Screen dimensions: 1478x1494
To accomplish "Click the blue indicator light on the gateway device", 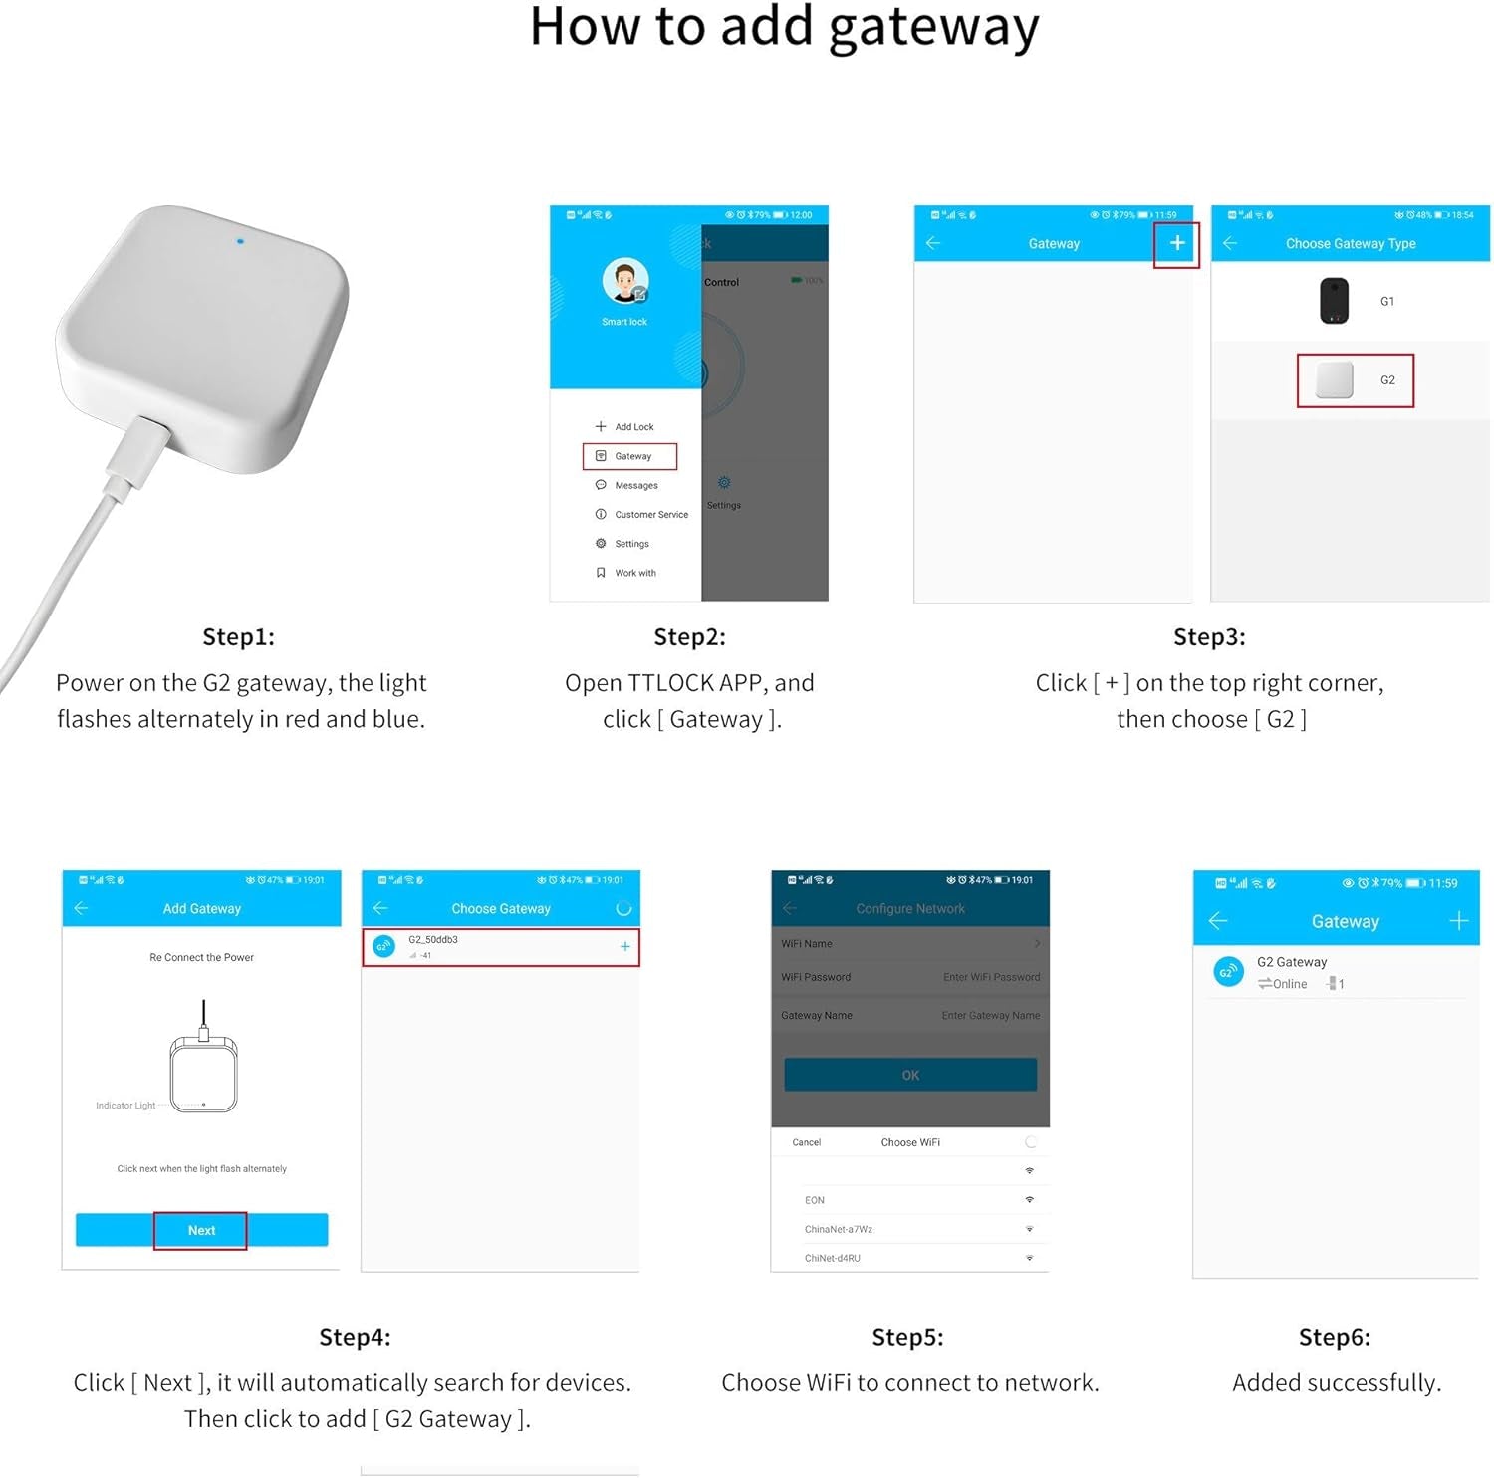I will (x=240, y=241).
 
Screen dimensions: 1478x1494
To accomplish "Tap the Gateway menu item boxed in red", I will (x=630, y=456).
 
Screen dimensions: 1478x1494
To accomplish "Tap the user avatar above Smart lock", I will (x=625, y=282).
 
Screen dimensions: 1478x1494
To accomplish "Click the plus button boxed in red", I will (x=1176, y=244).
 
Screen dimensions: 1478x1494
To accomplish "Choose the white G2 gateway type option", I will (x=1355, y=380).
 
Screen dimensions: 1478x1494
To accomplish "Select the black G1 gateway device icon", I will (x=1334, y=301).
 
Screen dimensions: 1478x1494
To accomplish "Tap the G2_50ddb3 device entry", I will (x=500, y=947).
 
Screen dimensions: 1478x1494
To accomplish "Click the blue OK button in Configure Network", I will (x=910, y=1075).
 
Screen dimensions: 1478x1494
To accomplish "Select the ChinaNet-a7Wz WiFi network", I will (x=839, y=1229).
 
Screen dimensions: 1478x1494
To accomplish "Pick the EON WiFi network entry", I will (x=815, y=1200).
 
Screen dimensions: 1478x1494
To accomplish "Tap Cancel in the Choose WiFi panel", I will (x=806, y=1142).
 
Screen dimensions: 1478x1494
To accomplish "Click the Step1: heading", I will (x=238, y=637).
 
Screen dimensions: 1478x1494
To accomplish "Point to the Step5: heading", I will (x=907, y=1337).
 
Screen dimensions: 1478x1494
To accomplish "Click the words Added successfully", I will (x=1336, y=1382).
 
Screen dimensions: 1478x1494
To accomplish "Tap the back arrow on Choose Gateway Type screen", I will (x=1230, y=244).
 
